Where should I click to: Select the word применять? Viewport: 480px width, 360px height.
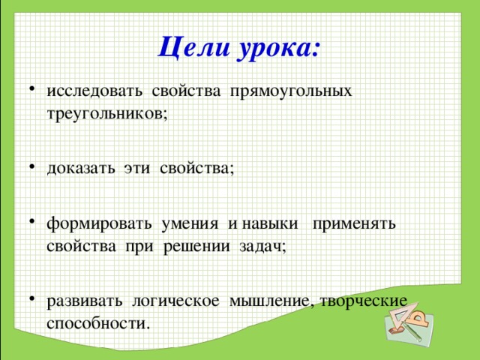(354, 223)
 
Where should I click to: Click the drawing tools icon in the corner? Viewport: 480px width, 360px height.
(408, 321)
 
